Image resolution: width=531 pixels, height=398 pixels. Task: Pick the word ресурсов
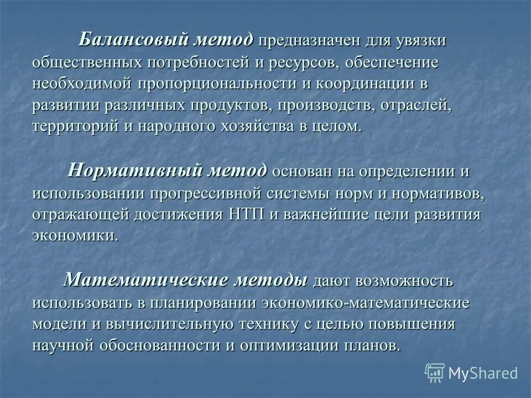click(303, 62)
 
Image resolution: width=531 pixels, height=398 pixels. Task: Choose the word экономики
click(75, 236)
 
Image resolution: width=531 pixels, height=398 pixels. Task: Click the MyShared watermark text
click(483, 374)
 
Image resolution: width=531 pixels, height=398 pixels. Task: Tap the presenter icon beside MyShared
click(435, 374)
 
